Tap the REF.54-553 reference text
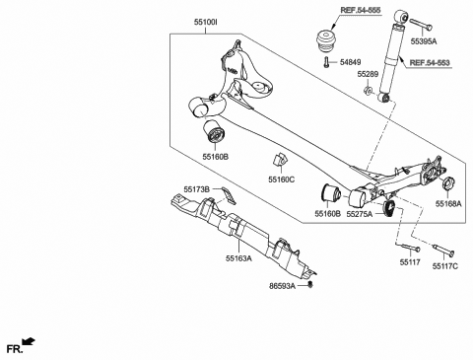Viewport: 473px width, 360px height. click(431, 62)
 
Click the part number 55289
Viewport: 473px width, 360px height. click(368, 74)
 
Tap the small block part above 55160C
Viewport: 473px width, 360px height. click(279, 160)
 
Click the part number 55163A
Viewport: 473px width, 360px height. click(236, 257)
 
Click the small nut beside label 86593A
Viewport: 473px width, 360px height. click(312, 284)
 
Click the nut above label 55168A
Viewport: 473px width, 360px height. click(442, 183)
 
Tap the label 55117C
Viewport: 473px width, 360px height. click(441, 264)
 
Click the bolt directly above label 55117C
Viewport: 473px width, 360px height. click(439, 245)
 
